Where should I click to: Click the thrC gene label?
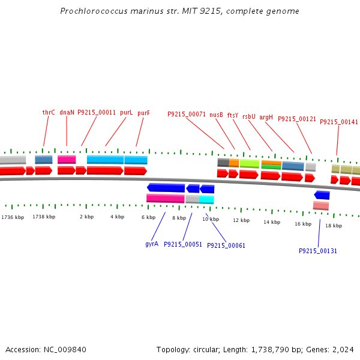tap(49, 113)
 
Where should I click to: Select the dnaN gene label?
tap(67, 113)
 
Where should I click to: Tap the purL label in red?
tap(126, 113)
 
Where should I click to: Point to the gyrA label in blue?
tap(152, 244)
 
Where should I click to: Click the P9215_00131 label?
tap(318, 251)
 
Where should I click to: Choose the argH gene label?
tap(266, 118)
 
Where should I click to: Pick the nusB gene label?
tap(216, 115)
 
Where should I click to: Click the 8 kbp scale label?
tap(179, 218)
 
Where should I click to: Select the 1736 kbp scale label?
tap(13, 217)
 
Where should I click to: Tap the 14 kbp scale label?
tap(272, 222)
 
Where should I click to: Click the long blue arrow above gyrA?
tap(166, 188)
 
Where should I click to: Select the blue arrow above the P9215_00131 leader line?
tap(322, 195)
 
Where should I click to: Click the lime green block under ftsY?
tap(250, 164)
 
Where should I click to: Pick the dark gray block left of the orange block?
tap(223, 163)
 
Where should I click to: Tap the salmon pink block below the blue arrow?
tap(321, 205)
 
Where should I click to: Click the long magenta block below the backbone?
tap(166, 199)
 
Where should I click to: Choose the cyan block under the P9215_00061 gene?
tap(206, 200)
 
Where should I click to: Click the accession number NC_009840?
tap(65, 349)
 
